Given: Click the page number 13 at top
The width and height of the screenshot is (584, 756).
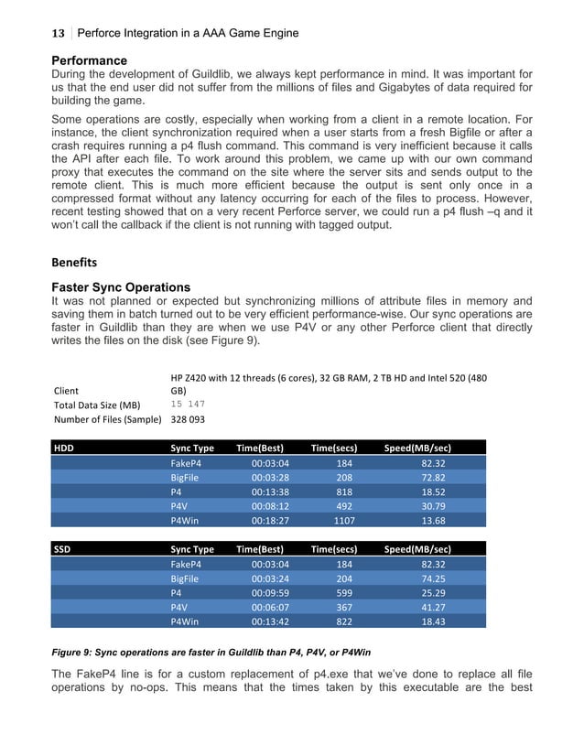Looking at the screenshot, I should (58, 34).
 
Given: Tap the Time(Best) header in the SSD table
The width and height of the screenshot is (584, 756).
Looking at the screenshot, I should (260, 549).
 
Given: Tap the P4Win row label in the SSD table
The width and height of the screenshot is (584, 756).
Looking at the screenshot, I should (187, 622).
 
